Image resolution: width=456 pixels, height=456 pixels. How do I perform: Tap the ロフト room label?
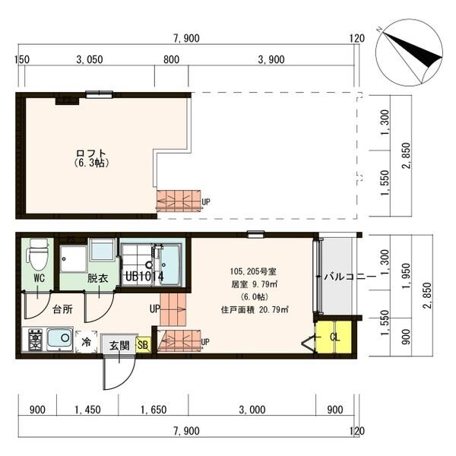pyautogui.click(x=90, y=154)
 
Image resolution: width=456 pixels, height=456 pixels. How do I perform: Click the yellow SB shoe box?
pyautogui.click(x=143, y=345)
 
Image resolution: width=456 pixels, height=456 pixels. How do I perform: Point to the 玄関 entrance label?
pyautogui.click(x=119, y=346)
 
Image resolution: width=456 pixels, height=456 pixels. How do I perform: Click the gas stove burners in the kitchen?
pyautogui.click(x=35, y=340)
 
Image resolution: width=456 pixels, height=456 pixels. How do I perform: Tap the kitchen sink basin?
pyautogui.click(x=59, y=338)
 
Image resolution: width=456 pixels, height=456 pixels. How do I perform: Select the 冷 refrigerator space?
pyautogui.click(x=86, y=342)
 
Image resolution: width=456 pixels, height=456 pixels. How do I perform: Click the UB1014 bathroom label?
pyautogui.click(x=144, y=277)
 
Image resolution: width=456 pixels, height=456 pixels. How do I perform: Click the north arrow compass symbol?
pyautogui.click(x=410, y=53)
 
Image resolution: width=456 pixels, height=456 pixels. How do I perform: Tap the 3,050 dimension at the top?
pyautogui.click(x=90, y=59)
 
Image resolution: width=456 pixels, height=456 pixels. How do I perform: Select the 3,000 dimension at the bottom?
pyautogui.click(x=252, y=410)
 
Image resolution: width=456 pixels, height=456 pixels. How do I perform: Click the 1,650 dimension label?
pyautogui.click(x=154, y=410)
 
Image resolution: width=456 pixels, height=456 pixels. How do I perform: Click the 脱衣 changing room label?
pyautogui.click(x=98, y=278)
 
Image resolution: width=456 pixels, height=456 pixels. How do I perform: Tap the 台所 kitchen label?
pyautogui.click(x=63, y=309)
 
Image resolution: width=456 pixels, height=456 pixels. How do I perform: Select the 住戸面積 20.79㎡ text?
pyautogui.click(x=255, y=310)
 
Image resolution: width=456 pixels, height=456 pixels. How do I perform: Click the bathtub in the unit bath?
pyautogui.click(x=170, y=265)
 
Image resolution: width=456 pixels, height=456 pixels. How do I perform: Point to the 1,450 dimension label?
pyautogui.click(x=87, y=410)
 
